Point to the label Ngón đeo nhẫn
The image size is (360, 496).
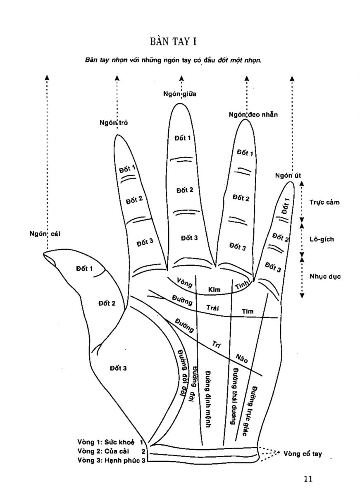(x=253, y=114)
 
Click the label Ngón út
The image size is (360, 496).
(x=287, y=175)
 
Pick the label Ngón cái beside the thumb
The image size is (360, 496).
(x=45, y=234)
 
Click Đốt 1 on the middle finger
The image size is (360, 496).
(x=183, y=138)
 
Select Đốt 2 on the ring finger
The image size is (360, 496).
(x=241, y=198)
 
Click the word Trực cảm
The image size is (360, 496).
(x=324, y=202)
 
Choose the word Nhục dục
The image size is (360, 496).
(x=325, y=277)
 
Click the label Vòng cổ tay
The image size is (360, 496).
(x=303, y=454)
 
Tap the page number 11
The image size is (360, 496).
(x=308, y=479)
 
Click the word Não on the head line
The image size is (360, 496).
(x=242, y=358)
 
